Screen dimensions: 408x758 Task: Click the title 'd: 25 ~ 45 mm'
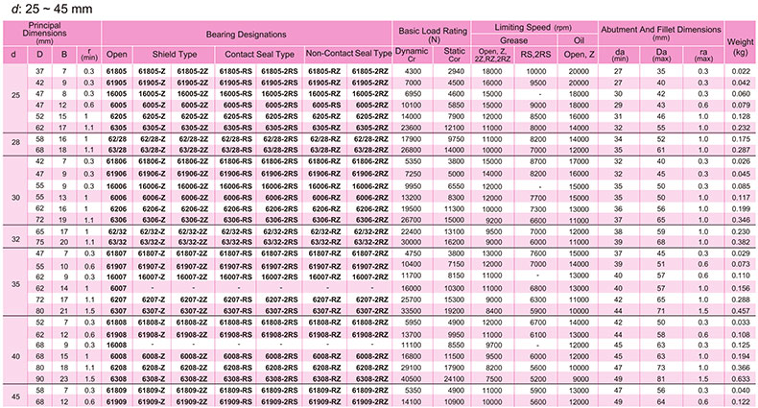(x=38, y=9)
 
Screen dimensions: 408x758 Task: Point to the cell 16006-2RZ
(x=372, y=184)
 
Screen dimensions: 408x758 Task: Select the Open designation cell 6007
(x=116, y=287)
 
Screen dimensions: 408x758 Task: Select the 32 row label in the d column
(x=13, y=236)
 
